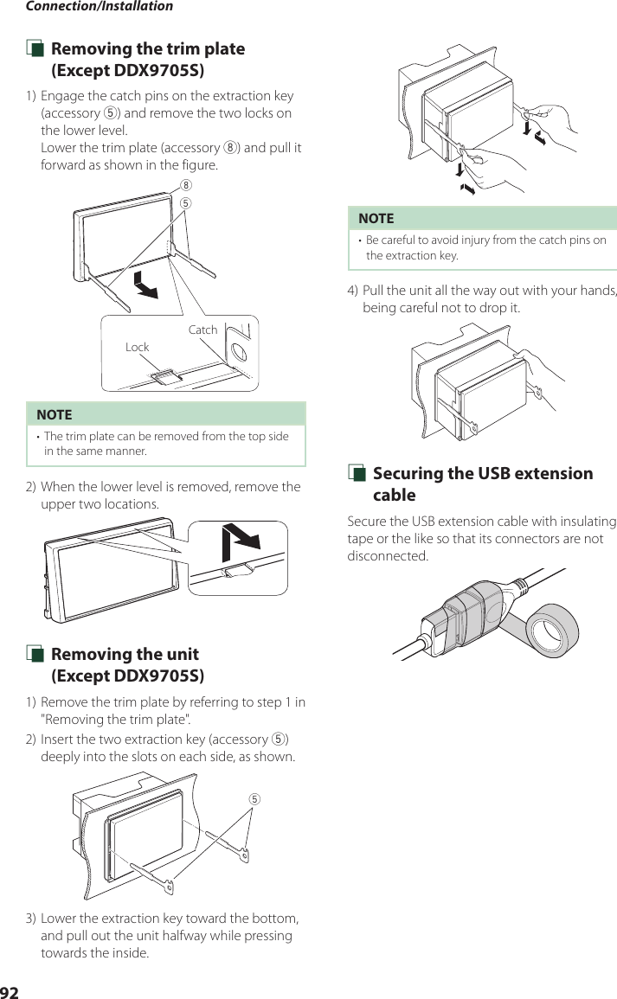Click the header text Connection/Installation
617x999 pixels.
pos(99,7)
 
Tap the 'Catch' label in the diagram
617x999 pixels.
pos(202,330)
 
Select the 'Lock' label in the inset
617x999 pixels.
pos(137,347)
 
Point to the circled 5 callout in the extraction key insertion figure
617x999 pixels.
pos(254,797)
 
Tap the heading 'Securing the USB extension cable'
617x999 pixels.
pos(482,483)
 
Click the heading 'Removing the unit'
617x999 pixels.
pos(125,654)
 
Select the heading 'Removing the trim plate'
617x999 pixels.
pos(148,49)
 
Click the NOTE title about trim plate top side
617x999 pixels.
pos(54,414)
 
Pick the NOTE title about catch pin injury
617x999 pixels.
pos(376,218)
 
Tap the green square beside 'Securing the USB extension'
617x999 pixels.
pos(354,474)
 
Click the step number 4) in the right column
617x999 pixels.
pos(352,290)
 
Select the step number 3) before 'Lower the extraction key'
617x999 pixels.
pos(30,918)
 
